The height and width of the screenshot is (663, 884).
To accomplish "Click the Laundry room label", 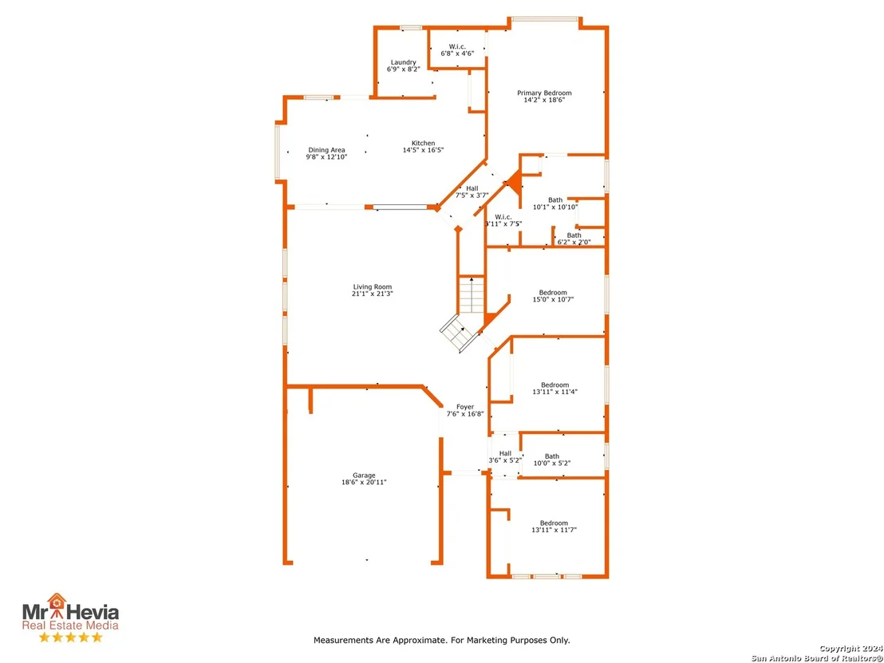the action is [404, 62].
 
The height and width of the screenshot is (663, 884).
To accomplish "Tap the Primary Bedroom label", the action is [545, 93].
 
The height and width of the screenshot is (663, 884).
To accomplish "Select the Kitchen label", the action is [424, 143].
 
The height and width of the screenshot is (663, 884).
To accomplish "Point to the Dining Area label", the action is [326, 150].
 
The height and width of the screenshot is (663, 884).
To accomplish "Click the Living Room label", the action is [373, 287].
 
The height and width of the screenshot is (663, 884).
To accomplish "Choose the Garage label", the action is [364, 476].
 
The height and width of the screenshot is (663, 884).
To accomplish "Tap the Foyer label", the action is [465, 407].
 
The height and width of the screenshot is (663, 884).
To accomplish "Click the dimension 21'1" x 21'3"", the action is [373, 294].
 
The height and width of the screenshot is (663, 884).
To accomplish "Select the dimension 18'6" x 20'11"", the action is [364, 482].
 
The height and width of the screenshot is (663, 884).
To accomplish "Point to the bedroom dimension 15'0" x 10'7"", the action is [553, 299].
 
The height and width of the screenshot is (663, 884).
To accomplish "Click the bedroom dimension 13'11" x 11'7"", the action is [554, 530].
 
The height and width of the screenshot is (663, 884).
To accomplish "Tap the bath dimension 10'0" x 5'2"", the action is [552, 464].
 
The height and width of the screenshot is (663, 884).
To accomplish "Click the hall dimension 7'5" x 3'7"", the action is [472, 195].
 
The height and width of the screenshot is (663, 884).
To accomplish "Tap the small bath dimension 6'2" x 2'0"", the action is [574, 243].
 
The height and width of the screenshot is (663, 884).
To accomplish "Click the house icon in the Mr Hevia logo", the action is [57, 603].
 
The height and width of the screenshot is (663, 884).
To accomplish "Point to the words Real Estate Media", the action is [70, 626].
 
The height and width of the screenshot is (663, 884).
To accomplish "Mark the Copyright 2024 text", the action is [850, 649].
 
